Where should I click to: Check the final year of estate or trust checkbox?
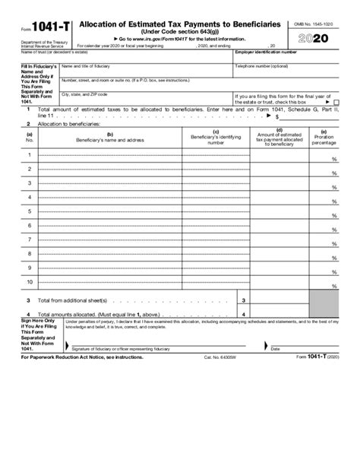click(336, 102)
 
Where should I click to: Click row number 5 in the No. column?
click(30, 211)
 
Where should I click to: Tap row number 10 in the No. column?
click(30, 281)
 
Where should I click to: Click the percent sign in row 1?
click(333, 160)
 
